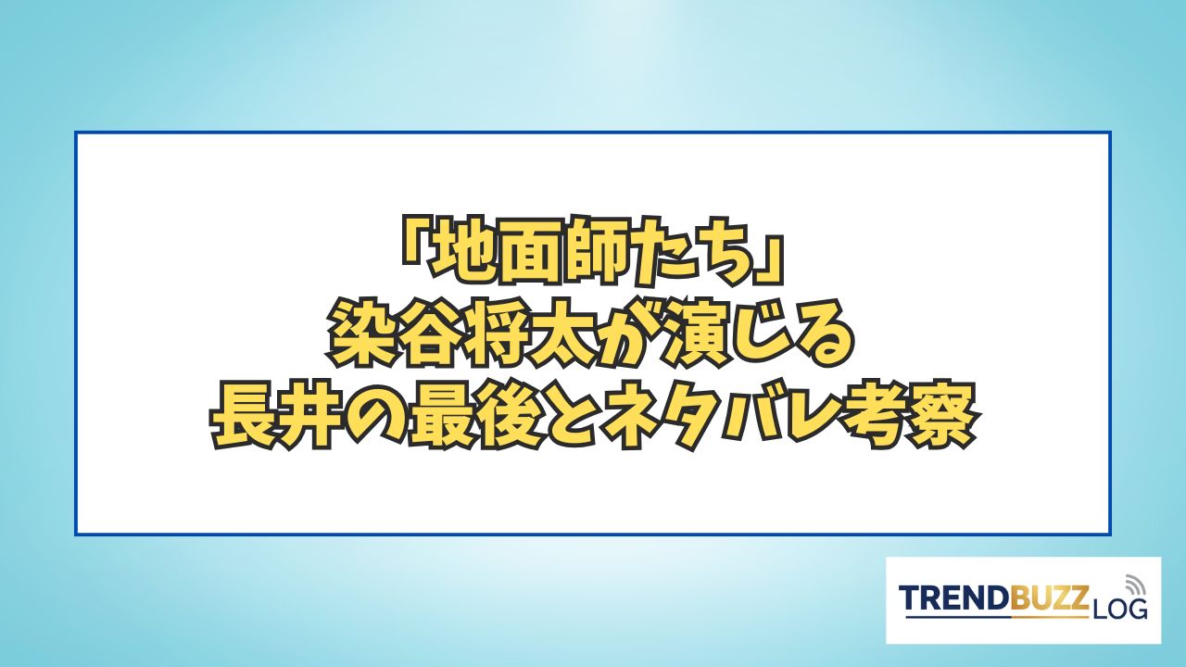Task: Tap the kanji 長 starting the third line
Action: [x=244, y=418]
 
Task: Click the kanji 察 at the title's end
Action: [x=941, y=418]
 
